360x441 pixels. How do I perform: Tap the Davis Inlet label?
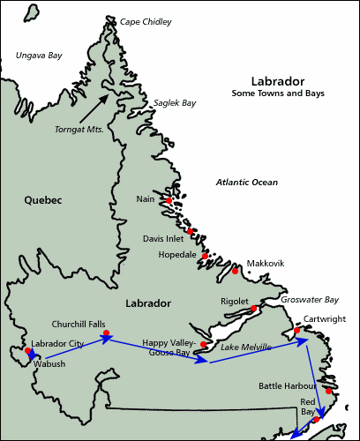pyautogui.click(x=165, y=238)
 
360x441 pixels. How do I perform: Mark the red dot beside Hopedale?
pyautogui.click(x=205, y=256)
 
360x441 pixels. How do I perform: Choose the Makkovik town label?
pyautogui.click(x=266, y=263)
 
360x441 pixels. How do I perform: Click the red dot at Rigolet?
pyautogui.click(x=253, y=308)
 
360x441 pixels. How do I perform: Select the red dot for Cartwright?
pyautogui.click(x=297, y=330)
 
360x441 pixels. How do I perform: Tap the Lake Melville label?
pyautogui.click(x=244, y=348)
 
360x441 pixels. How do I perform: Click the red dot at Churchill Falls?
pyautogui.click(x=106, y=334)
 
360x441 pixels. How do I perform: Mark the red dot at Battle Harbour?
pyautogui.click(x=327, y=390)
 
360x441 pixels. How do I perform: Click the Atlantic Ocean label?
pyautogui.click(x=247, y=182)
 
